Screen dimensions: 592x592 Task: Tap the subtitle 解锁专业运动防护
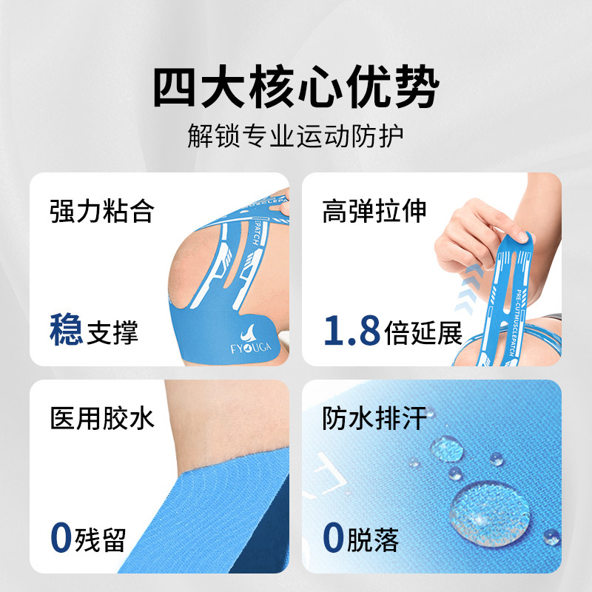pyautogui.click(x=296, y=137)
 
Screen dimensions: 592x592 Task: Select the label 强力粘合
pyautogui.click(x=101, y=211)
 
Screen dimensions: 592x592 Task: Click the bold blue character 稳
pyautogui.click(x=65, y=330)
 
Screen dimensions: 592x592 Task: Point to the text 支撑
pyautogui.click(x=112, y=332)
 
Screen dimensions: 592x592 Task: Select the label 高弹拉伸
pyautogui.click(x=374, y=211)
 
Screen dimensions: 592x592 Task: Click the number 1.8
pyautogui.click(x=351, y=332)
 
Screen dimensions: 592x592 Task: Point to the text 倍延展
pyautogui.click(x=423, y=333)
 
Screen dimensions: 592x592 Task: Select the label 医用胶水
pyautogui.click(x=101, y=418)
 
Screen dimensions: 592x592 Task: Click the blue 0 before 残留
pyautogui.click(x=60, y=538)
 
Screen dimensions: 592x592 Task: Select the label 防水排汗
pyautogui.click(x=374, y=418)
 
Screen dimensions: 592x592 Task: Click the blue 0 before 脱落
pyautogui.click(x=333, y=538)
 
